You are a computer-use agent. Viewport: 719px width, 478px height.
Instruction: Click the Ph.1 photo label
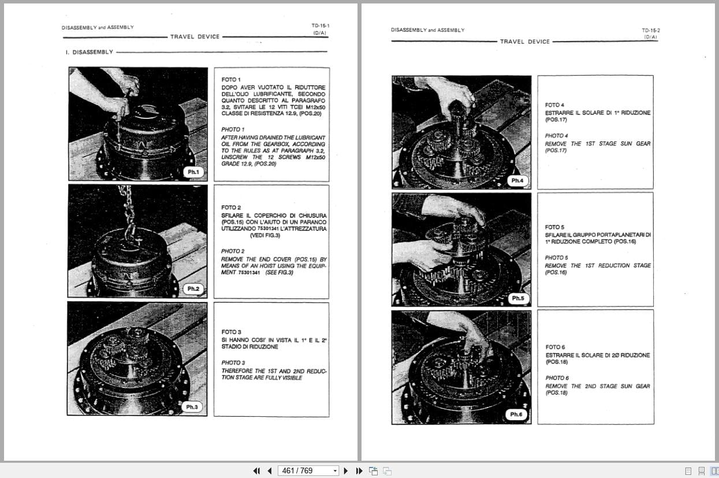point(193,172)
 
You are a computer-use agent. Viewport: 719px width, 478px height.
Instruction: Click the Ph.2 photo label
point(193,289)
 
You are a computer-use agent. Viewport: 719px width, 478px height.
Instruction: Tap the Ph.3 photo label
point(192,407)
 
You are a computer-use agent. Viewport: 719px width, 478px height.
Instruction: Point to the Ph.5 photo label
point(518,298)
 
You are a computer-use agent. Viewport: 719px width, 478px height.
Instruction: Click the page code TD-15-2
point(650,31)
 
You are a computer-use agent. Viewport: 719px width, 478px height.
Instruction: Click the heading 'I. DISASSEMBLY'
point(90,52)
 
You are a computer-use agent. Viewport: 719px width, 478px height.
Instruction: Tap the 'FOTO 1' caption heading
point(231,79)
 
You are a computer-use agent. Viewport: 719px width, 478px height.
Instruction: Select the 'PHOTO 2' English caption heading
point(233,251)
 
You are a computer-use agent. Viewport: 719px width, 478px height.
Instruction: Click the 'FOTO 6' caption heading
point(555,347)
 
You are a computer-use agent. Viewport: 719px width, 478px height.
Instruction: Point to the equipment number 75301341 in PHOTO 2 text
point(249,272)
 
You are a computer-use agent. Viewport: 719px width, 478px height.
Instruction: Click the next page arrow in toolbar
point(345,470)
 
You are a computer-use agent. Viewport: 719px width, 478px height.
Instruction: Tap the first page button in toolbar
point(256,470)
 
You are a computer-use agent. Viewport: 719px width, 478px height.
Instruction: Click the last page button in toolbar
point(359,470)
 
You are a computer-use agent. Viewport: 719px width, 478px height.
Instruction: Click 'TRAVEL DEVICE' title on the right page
point(525,42)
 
